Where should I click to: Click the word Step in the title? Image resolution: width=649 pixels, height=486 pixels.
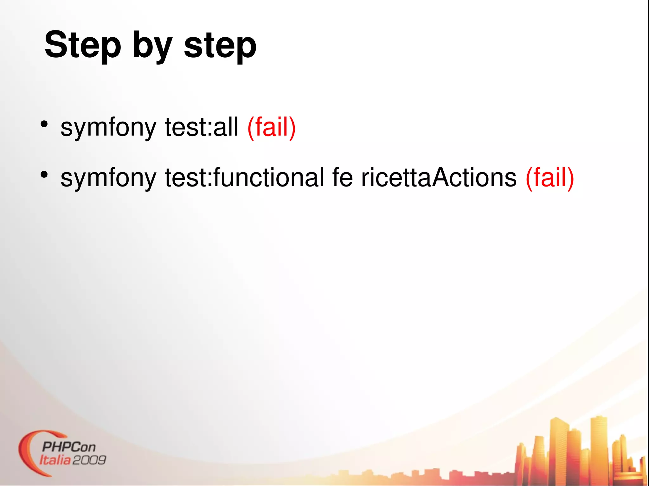83,45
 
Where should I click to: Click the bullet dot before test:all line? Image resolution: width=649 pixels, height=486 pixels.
44,124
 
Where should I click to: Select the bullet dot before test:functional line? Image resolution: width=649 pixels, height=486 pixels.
44,174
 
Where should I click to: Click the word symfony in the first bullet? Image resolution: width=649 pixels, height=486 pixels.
108,127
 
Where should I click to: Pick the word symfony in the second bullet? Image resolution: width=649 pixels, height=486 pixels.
108,178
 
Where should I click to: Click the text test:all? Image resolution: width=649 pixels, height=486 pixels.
202,127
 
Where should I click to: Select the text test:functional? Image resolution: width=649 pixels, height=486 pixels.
244,177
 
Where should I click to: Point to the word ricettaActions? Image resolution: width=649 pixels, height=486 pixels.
439,177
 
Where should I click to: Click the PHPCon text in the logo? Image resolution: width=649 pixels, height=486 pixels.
69,447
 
